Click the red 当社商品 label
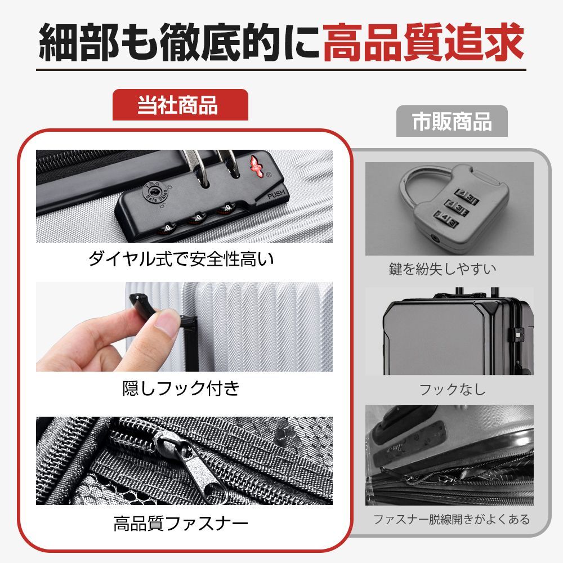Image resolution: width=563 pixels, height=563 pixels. (180, 105)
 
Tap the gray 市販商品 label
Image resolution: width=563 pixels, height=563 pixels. (452, 122)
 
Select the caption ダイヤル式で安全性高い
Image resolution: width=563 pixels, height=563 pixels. (184, 260)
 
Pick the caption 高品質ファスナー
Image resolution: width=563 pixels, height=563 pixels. (181, 525)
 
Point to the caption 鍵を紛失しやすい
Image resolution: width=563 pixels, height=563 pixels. (450, 269)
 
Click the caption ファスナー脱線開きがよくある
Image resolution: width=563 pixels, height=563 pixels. (452, 519)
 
